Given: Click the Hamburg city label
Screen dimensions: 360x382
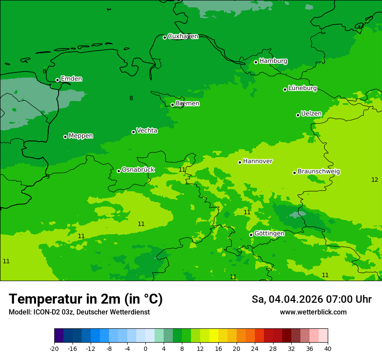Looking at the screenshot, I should click(273, 61).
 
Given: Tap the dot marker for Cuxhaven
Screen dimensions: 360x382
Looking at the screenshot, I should click(165, 37).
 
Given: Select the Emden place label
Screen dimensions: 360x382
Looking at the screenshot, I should click(71, 79).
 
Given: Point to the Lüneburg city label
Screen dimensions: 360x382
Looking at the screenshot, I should click(302, 88).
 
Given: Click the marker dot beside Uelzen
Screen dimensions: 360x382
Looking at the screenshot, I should click(298, 115).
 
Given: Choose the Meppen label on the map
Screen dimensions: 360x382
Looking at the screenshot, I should click(81, 136).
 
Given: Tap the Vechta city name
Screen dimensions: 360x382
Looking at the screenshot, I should click(147, 131).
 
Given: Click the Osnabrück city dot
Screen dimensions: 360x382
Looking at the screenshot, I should click(119, 171).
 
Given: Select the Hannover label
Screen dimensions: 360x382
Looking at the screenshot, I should click(257, 161).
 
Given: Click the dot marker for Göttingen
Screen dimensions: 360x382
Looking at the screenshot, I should click(251, 235).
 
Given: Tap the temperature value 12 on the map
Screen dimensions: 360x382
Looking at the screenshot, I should click(375, 180).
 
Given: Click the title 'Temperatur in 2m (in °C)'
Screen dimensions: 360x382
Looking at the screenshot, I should click(86, 299).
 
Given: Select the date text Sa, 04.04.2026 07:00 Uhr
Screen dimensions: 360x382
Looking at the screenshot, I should click(311, 299).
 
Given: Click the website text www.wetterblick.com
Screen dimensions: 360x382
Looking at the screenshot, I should click(313, 312).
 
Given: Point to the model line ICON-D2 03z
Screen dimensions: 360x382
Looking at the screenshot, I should click(79, 312).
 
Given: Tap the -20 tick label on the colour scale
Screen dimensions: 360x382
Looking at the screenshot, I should click(54, 349).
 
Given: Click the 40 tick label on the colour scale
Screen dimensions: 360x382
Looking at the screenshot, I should click(328, 349).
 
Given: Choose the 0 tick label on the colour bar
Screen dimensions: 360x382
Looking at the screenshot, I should click(145, 349).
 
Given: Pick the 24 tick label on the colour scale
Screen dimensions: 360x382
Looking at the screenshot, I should click(255, 349).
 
